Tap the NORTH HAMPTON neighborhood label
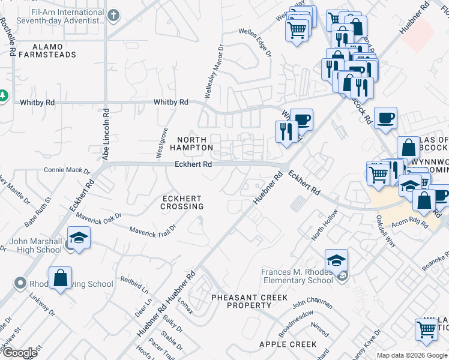[191, 143]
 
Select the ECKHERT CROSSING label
[181, 202]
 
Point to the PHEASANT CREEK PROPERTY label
[249, 301]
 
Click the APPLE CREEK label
[288, 344]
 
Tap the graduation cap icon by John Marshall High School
[79, 238]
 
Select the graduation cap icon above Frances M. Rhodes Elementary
[336, 260]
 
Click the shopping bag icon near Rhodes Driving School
[60, 278]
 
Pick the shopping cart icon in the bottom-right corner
[426, 329]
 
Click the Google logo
[19, 353]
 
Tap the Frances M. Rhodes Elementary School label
[297, 276]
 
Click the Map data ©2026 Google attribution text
[412, 355]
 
